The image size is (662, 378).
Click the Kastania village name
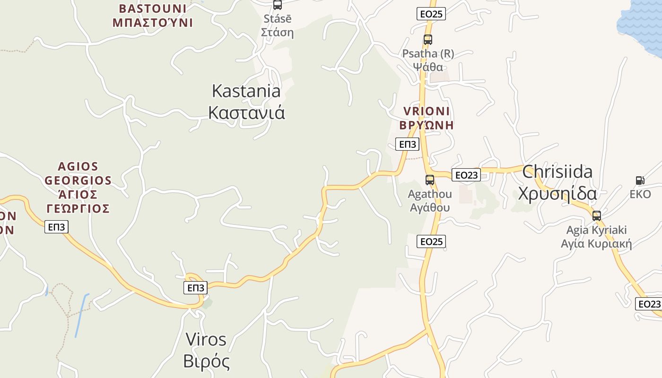coord(246,102)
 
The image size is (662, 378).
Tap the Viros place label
coord(206,350)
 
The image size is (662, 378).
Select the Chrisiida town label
coord(557,182)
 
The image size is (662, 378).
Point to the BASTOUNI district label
coord(153,16)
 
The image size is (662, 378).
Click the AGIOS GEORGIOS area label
coord(78,187)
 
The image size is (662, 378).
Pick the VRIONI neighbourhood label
coord(427,118)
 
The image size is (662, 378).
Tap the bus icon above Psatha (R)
coord(428,40)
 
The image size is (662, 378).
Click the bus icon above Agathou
coord(429,180)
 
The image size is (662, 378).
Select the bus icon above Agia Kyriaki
coord(597,216)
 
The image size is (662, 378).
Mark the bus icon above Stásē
coord(278,5)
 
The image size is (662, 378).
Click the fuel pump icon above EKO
coord(640,180)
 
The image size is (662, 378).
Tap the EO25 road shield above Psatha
coord(431,14)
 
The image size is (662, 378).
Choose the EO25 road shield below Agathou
coord(431,241)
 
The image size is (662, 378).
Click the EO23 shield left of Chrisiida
coord(466,175)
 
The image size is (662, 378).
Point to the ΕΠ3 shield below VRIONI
coord(407,144)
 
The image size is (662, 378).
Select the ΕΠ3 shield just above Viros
coord(195,287)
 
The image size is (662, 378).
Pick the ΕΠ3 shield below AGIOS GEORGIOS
coord(57,227)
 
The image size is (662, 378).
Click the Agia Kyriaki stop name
coord(596,237)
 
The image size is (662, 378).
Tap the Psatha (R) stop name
coord(428,60)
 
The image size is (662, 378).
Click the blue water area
coord(643,21)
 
